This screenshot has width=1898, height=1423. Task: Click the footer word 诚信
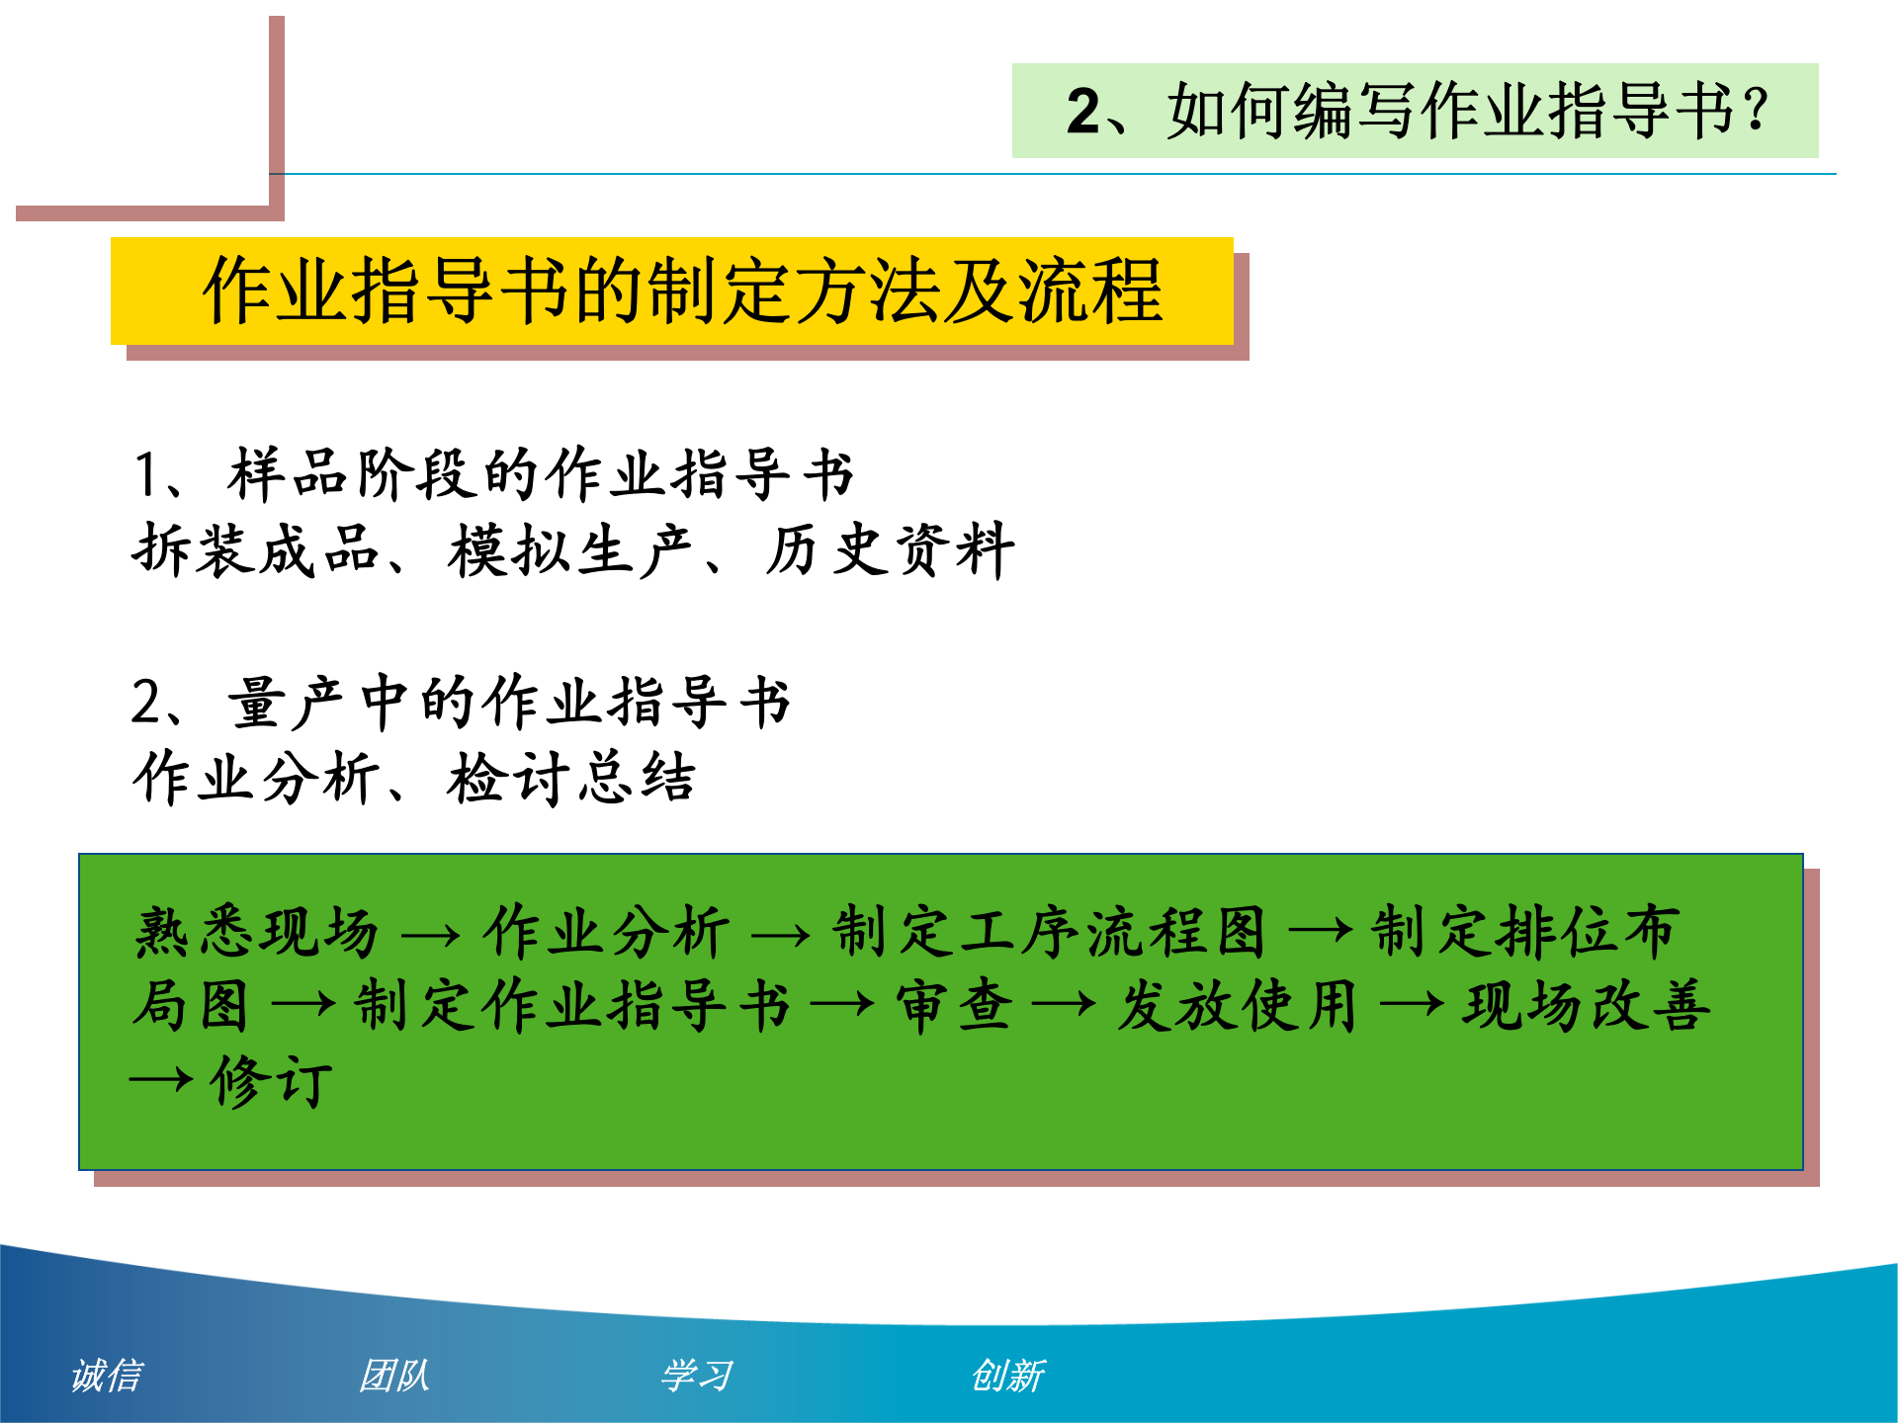click(x=107, y=1375)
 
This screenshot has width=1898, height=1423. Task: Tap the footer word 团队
click(x=394, y=1375)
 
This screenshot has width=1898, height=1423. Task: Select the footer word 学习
click(x=697, y=1375)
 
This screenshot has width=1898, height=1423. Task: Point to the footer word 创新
click(x=1007, y=1375)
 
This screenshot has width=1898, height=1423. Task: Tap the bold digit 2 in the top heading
click(x=1083, y=111)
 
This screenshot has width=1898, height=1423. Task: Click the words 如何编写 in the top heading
click(x=1291, y=111)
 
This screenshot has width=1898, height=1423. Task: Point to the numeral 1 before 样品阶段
click(x=146, y=474)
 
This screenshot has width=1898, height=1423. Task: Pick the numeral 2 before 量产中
click(x=146, y=703)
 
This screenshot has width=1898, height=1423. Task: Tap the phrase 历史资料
click(x=890, y=550)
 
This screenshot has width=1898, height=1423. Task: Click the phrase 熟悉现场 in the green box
click(x=257, y=932)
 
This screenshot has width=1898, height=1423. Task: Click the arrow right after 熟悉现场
click(x=431, y=935)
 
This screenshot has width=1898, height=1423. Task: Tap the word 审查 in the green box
click(x=954, y=1007)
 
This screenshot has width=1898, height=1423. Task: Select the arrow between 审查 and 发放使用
click(x=1064, y=1007)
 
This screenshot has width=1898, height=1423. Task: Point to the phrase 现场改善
click(x=1587, y=1007)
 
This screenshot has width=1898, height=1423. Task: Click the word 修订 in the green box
click(x=271, y=1081)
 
